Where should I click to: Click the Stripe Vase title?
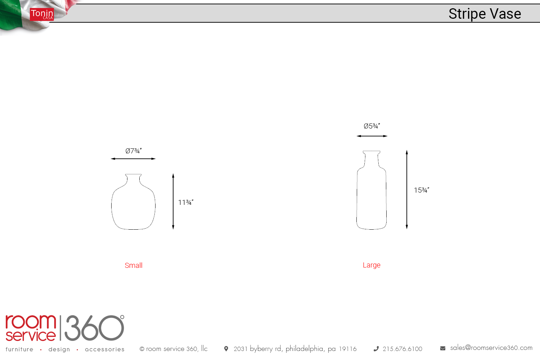(485, 14)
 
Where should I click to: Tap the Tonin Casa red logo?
(42, 14)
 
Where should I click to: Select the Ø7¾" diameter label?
(134, 151)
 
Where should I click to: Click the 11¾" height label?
(186, 202)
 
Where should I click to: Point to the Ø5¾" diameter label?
(372, 126)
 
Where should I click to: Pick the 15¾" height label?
(422, 190)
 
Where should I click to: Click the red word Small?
(134, 265)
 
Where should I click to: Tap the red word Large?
(372, 265)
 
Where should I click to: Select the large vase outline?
(357, 193)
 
